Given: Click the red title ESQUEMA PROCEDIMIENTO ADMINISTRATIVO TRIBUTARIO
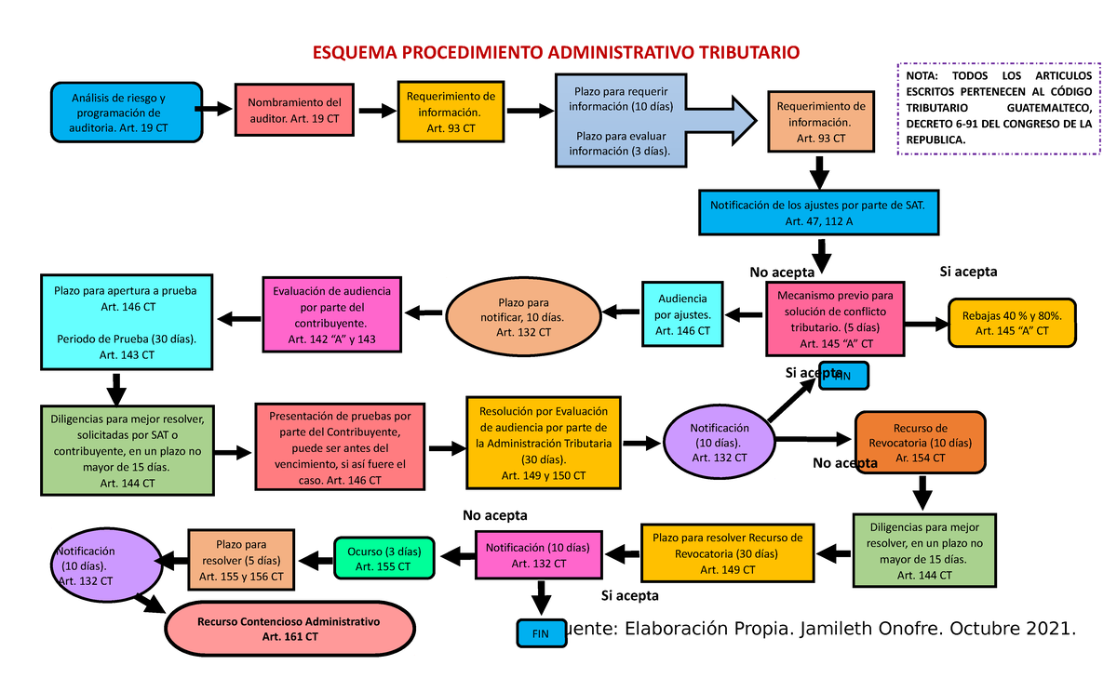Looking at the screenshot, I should point(555,53).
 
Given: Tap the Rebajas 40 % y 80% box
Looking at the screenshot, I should point(1011,323).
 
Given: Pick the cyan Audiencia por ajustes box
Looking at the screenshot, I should point(682,314).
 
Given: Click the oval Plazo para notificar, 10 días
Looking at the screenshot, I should point(523,317).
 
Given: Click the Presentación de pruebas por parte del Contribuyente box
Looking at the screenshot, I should point(338,447).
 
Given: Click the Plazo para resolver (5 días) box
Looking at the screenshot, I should point(241,560).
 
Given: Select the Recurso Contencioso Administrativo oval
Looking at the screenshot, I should point(289,629).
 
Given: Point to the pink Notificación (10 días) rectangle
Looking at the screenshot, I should point(537,556).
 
